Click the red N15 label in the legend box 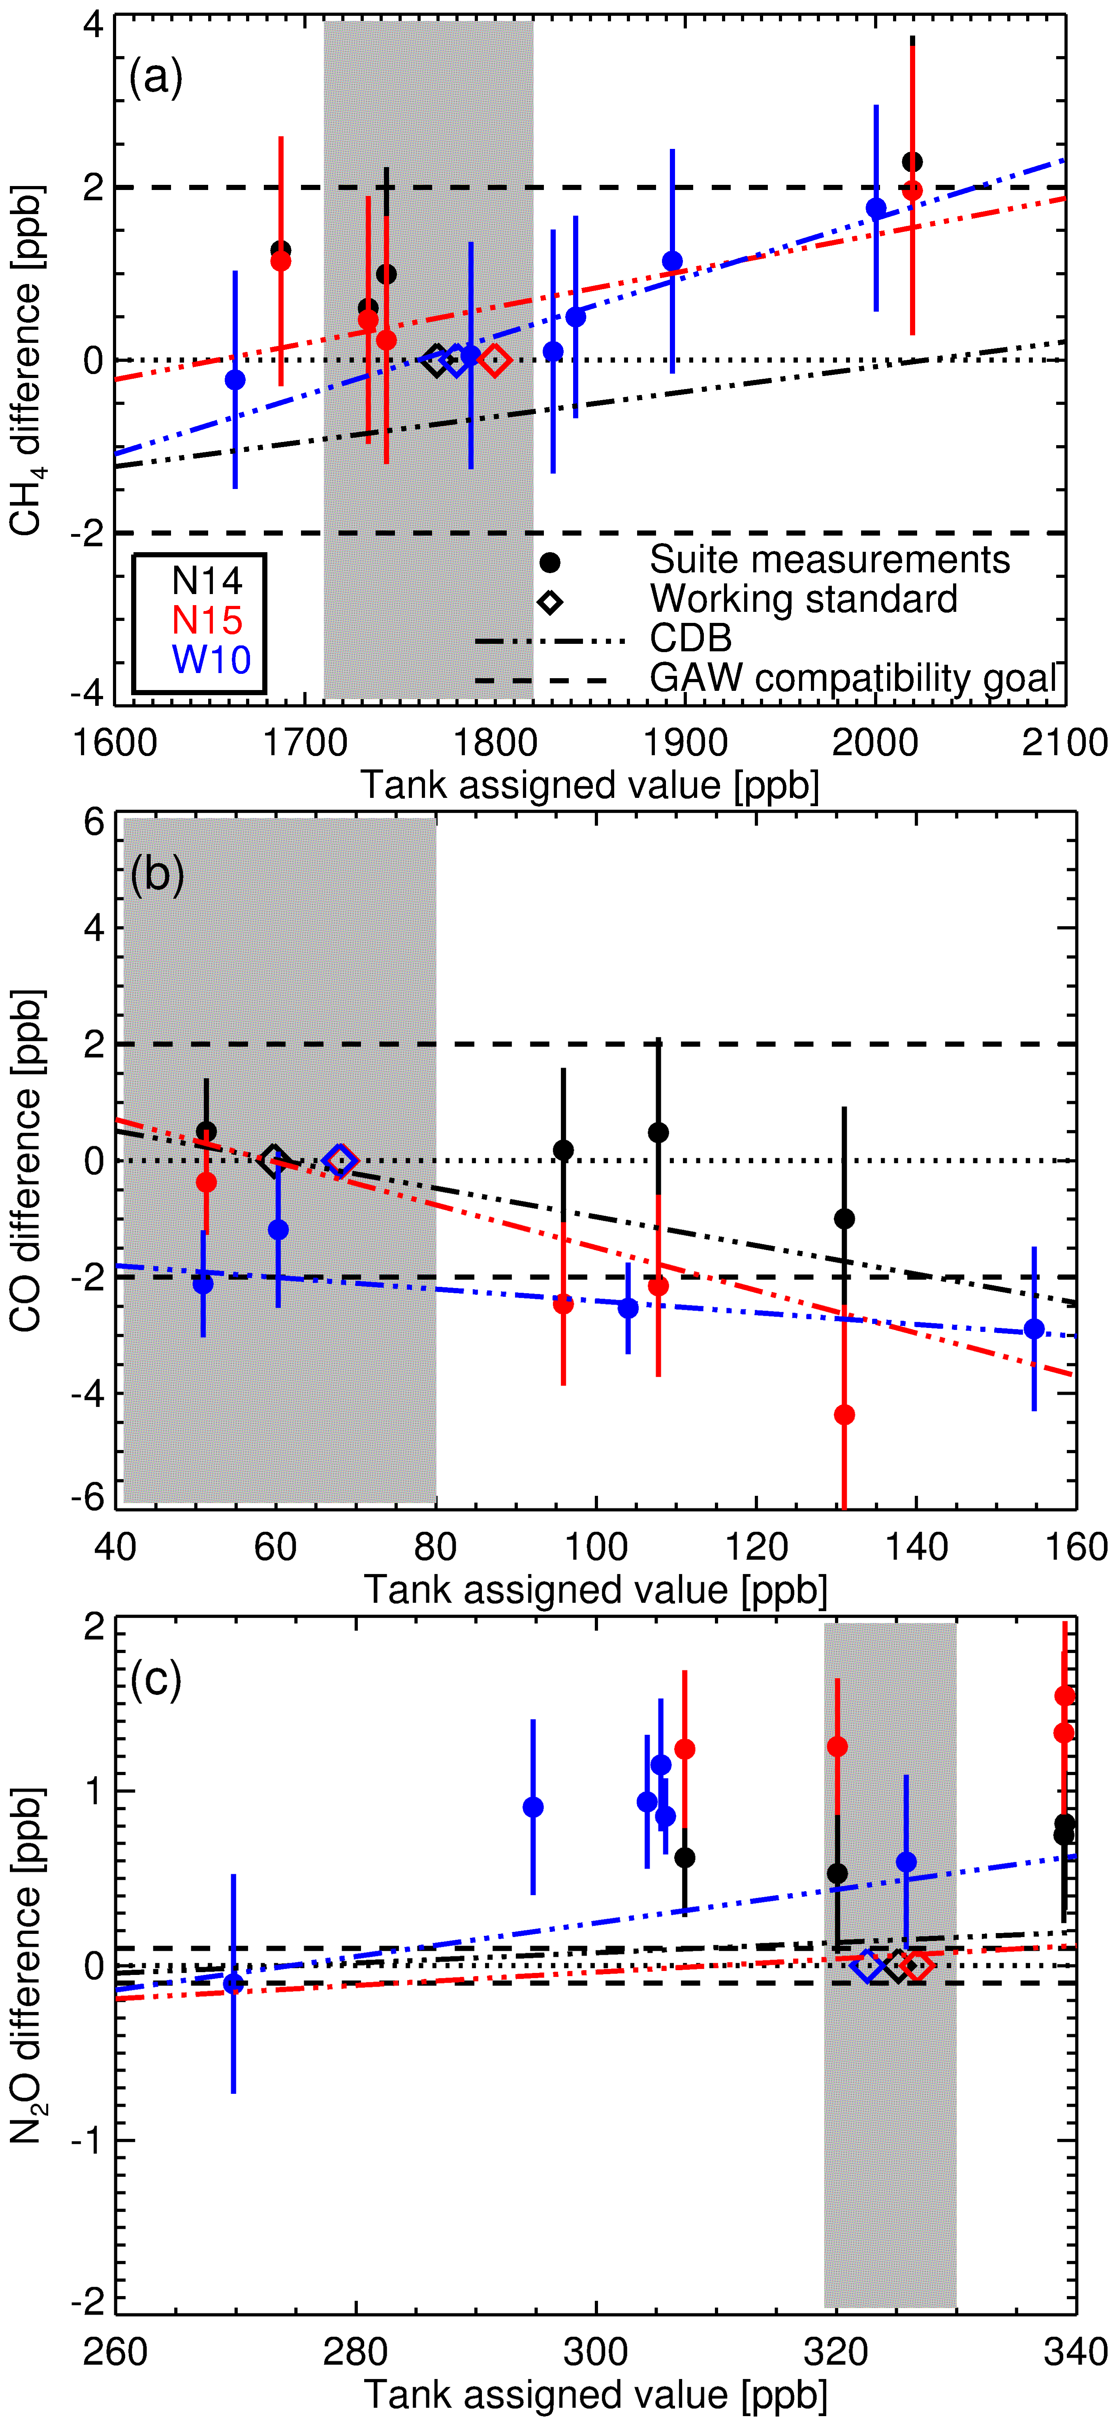click(x=207, y=620)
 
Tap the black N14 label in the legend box click(x=207, y=580)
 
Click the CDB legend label click(x=690, y=639)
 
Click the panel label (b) click(x=156, y=875)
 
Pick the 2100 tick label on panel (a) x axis click(x=1064, y=743)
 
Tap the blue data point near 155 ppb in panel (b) click(x=1034, y=1329)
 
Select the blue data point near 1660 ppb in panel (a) click(x=235, y=380)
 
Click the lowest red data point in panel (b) click(x=845, y=1414)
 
